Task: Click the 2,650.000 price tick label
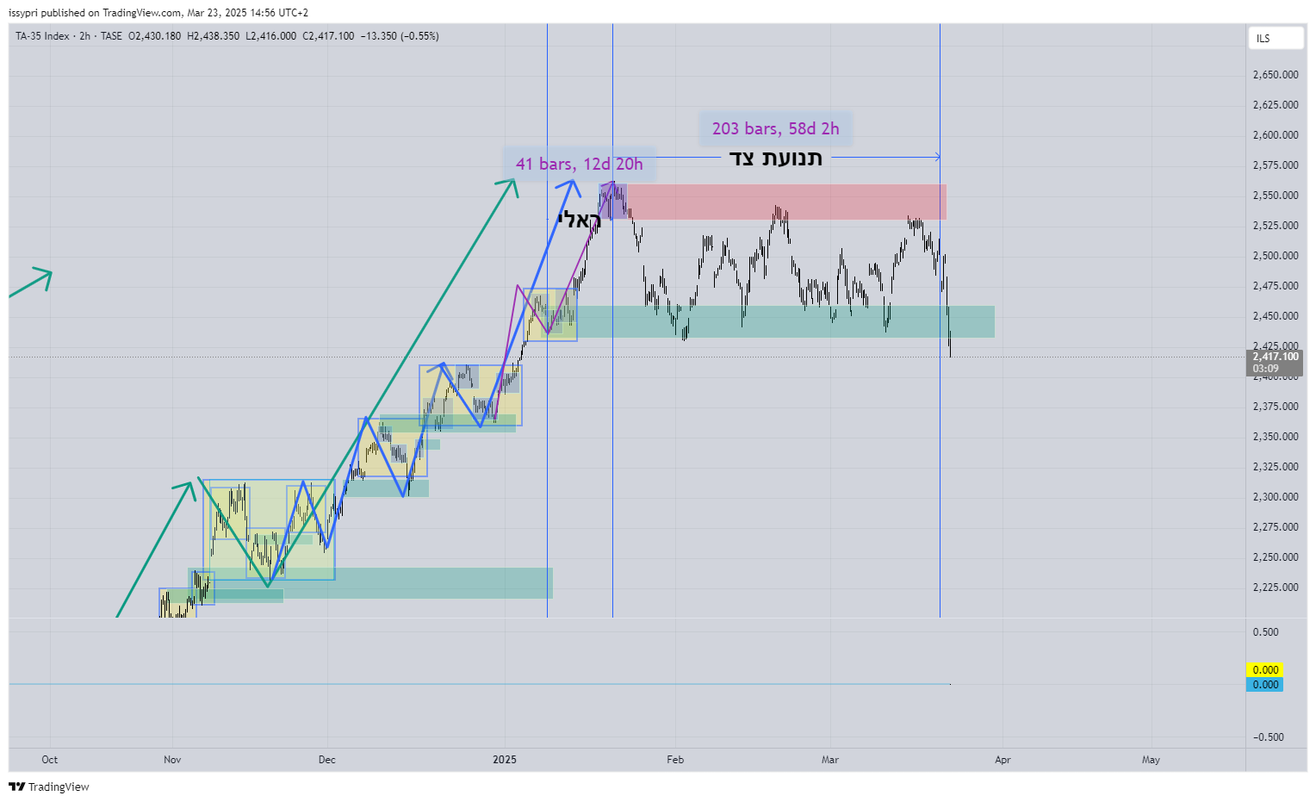[x=1275, y=75]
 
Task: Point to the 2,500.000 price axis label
[x=1275, y=256]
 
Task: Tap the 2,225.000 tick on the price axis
[x=1275, y=588]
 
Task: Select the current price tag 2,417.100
[x=1275, y=357]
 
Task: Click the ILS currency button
[x=1276, y=38]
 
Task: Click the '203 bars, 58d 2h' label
[x=775, y=128]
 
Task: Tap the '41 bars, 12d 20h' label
[x=579, y=164]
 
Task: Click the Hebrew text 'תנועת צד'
[x=775, y=158]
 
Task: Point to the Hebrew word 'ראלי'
[x=579, y=220]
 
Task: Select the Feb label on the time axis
[x=675, y=760]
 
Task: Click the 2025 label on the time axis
[x=505, y=760]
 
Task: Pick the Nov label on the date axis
[x=172, y=760]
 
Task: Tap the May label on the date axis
[x=1151, y=760]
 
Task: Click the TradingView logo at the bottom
[x=49, y=786]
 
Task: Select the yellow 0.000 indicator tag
[x=1264, y=669]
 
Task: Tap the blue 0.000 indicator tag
[x=1264, y=685]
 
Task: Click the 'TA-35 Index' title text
[x=42, y=36]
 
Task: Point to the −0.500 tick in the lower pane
[x=1268, y=737]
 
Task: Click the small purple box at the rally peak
[x=612, y=201]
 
